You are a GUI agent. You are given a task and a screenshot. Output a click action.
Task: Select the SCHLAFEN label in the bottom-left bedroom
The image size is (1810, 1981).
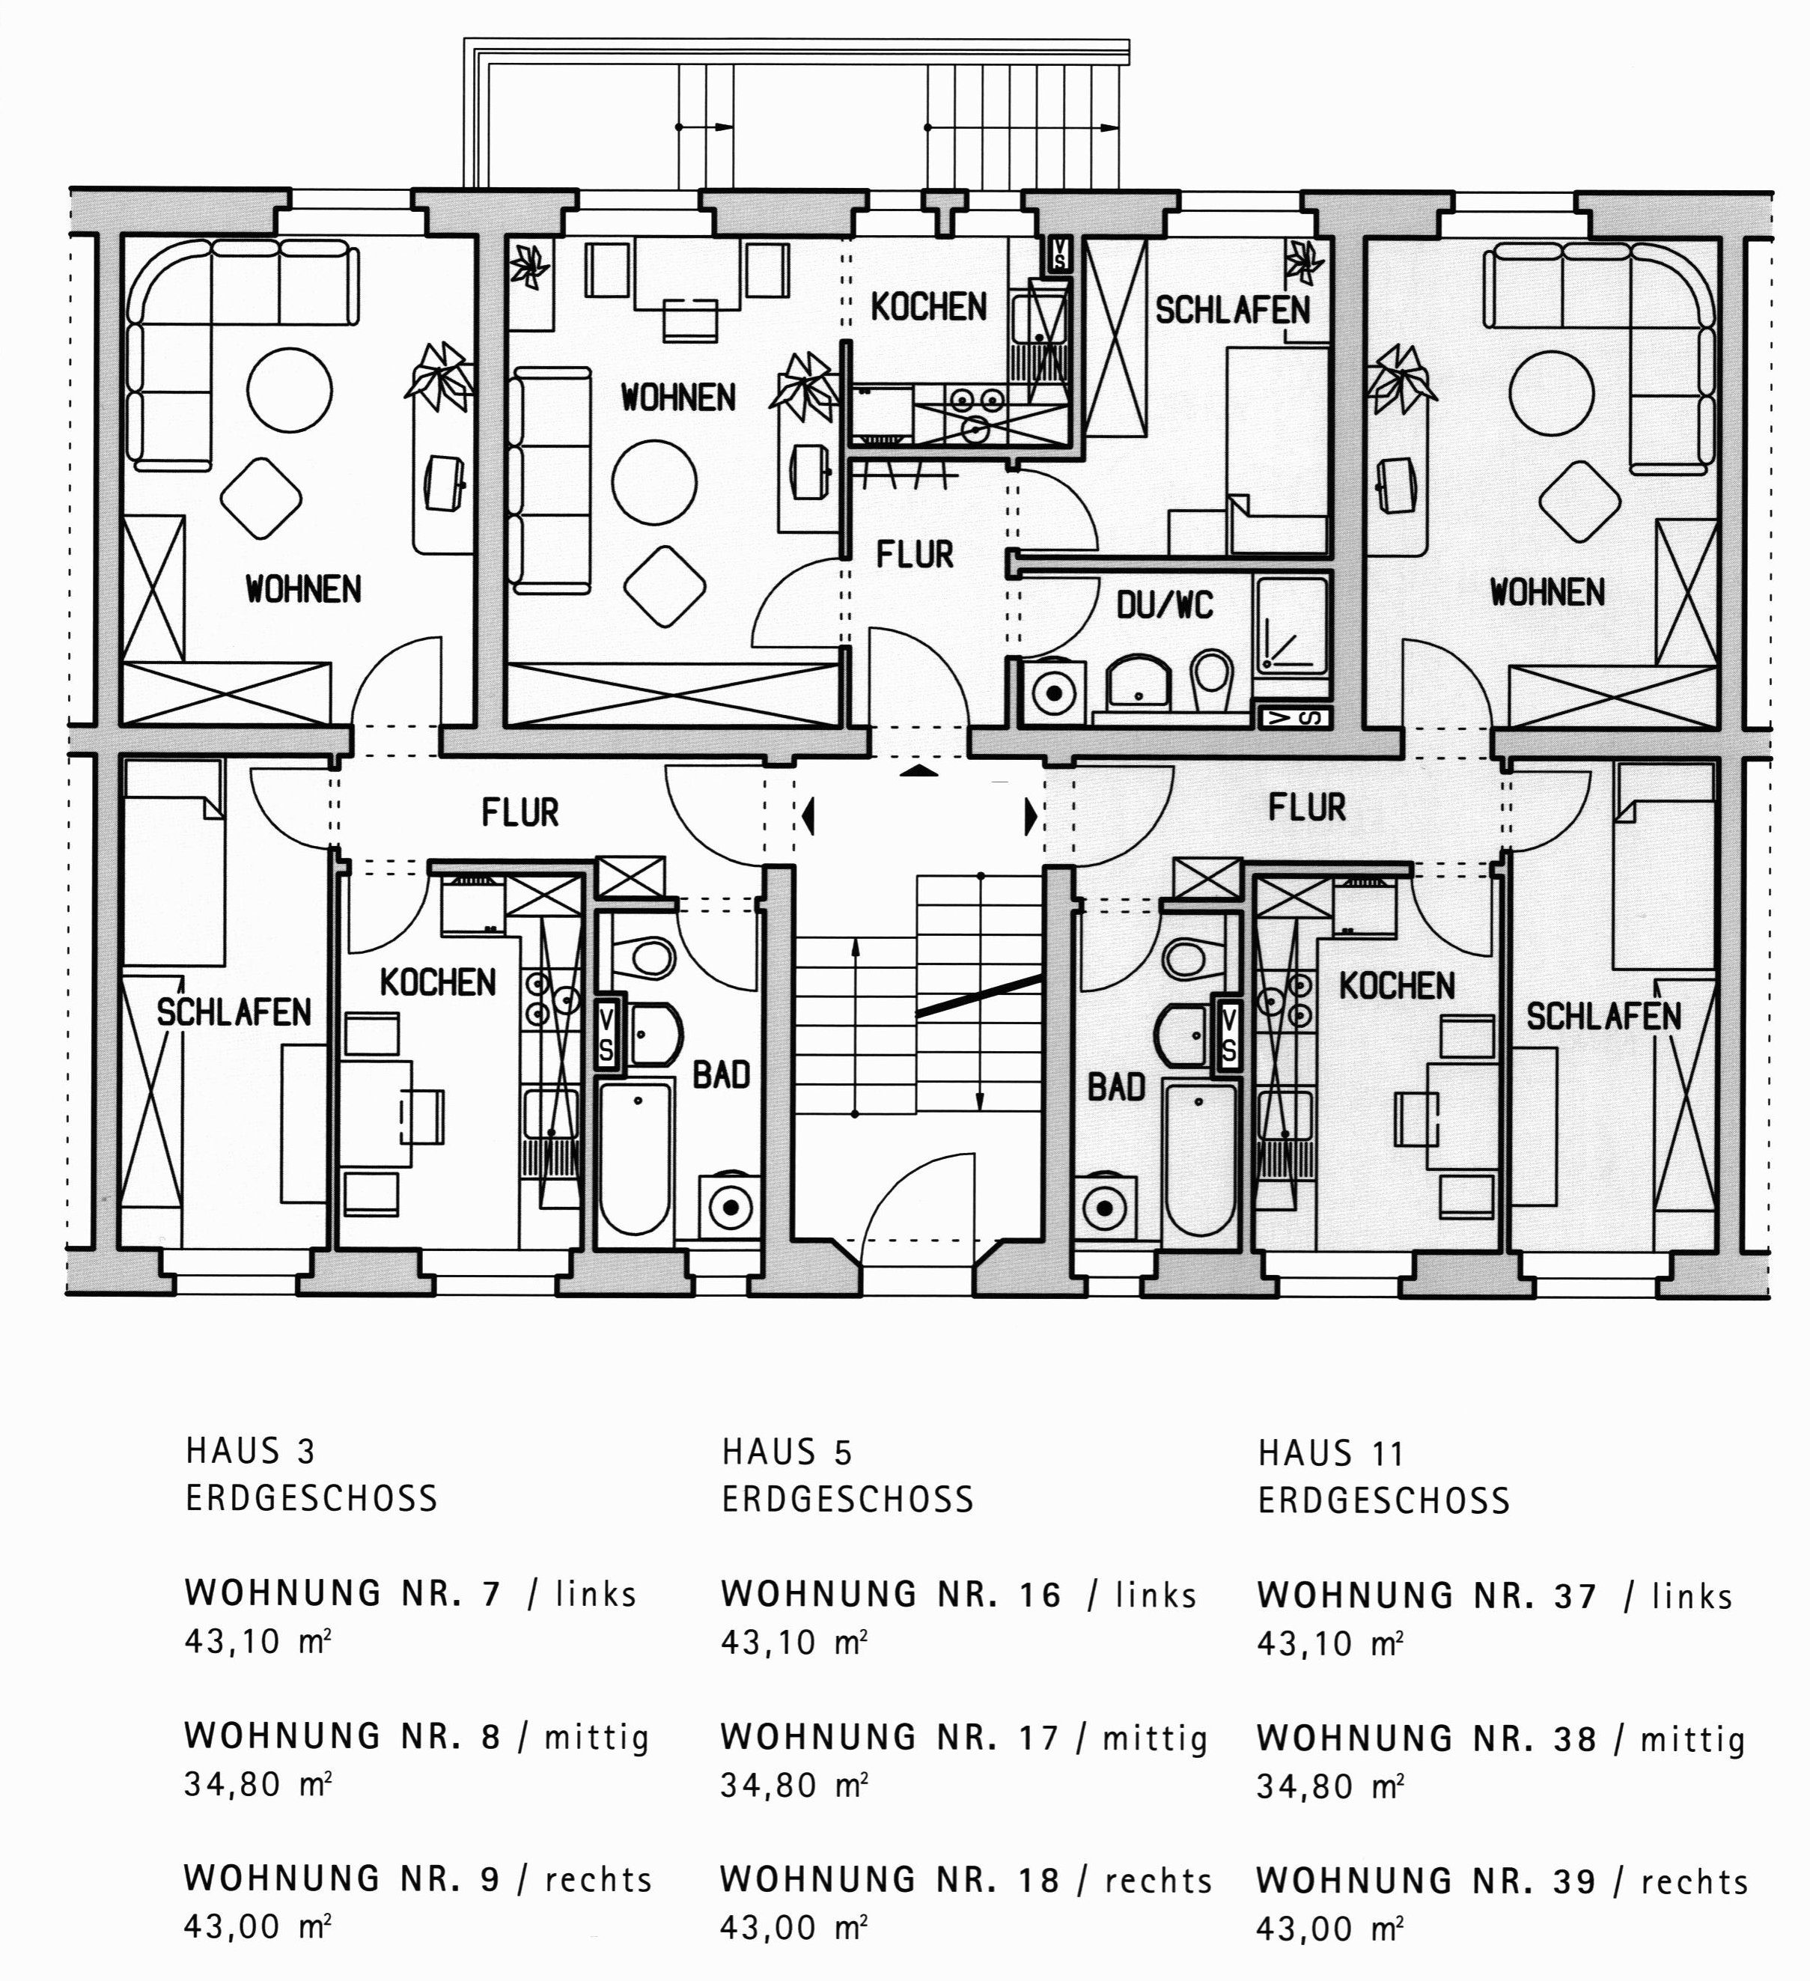coord(234,1012)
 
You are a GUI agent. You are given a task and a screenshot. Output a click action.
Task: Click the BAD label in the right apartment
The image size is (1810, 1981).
coord(1116,1088)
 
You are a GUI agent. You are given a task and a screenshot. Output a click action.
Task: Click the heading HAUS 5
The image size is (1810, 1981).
coord(787,1452)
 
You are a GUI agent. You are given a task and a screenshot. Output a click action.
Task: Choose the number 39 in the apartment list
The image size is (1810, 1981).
coord(1575,1881)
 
